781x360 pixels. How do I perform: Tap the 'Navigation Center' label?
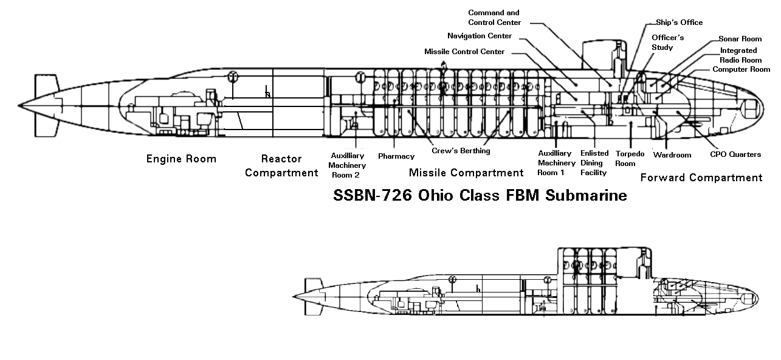[x=479, y=36]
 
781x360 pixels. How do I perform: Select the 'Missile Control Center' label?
[x=464, y=52]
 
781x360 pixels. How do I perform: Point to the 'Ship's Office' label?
[x=679, y=22]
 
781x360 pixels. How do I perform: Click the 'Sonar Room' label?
[x=740, y=39]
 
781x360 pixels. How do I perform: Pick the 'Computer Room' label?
[x=741, y=69]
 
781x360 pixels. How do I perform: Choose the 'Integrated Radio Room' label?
[x=740, y=55]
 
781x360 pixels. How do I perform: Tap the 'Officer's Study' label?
[x=667, y=42]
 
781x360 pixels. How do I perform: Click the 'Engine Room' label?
[x=181, y=159]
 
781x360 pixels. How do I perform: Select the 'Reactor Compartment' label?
[x=281, y=165]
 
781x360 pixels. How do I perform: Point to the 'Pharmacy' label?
[x=396, y=156]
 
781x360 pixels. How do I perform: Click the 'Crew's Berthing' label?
[x=461, y=151]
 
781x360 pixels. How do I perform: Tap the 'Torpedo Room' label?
[x=630, y=159]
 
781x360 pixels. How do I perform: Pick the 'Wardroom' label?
[x=672, y=155]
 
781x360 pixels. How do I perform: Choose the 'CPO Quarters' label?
[x=735, y=154]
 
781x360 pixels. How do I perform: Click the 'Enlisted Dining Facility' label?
[x=594, y=163]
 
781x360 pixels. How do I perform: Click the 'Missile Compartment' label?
[x=466, y=173]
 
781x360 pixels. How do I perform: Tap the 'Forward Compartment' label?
[x=701, y=178]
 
